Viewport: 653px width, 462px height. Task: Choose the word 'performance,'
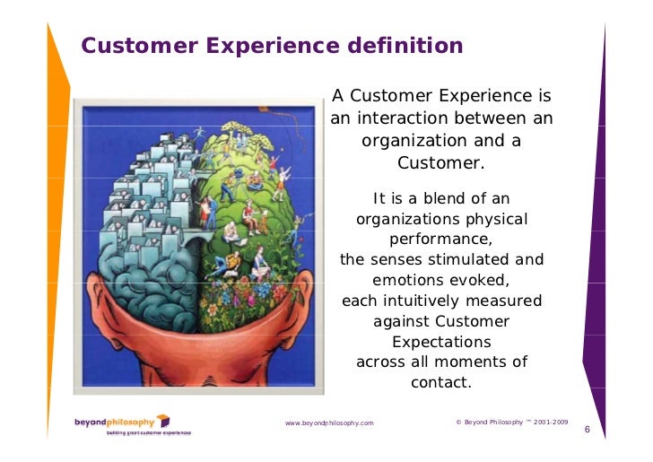(x=441, y=240)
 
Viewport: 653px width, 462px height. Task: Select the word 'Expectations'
(x=441, y=342)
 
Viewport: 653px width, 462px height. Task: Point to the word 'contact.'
(x=441, y=383)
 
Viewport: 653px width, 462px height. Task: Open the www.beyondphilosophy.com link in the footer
(x=329, y=423)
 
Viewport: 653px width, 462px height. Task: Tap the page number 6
(x=587, y=430)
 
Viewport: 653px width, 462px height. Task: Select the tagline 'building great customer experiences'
(x=148, y=432)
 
